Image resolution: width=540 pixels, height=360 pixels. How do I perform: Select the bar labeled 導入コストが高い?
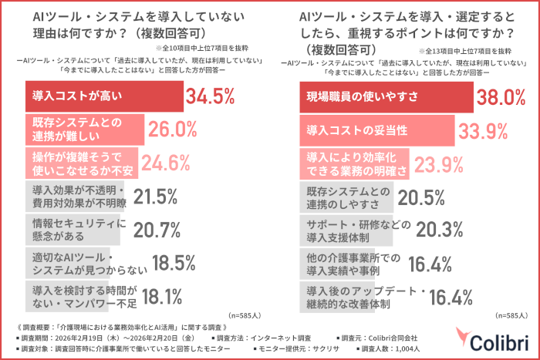(x=100, y=96)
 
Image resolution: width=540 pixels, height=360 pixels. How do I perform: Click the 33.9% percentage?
(x=479, y=130)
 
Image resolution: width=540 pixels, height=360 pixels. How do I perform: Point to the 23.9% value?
(x=440, y=163)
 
